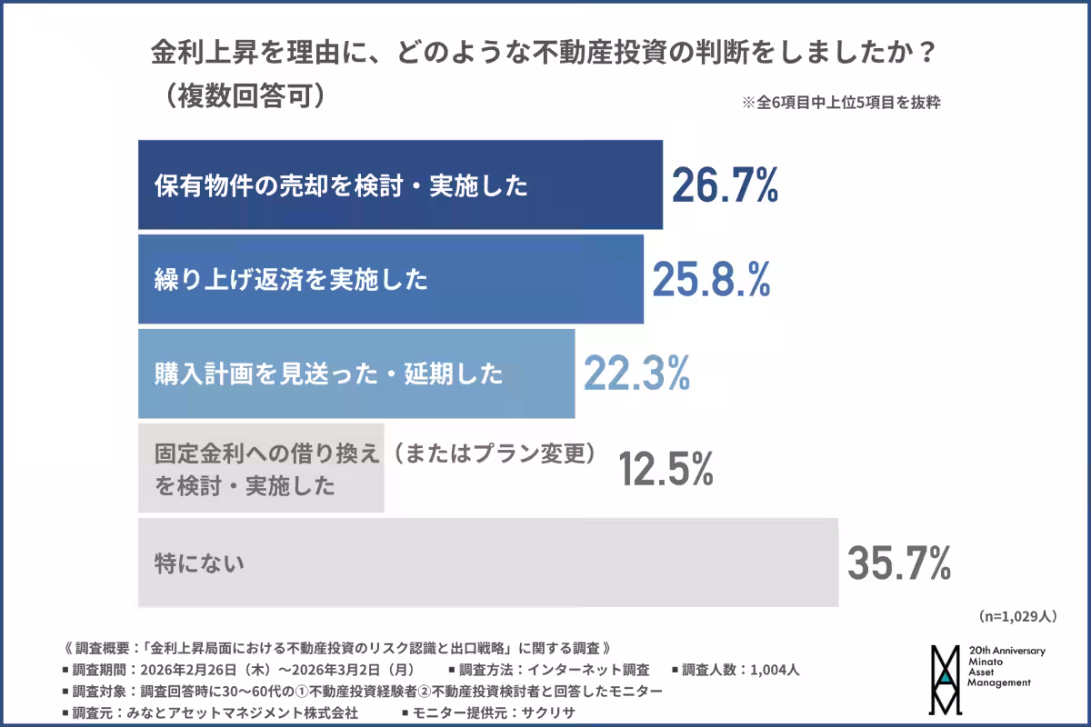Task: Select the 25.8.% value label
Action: coord(711,279)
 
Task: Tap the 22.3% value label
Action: coord(636,373)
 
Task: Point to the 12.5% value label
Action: coord(666,469)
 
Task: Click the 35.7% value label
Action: coord(898,563)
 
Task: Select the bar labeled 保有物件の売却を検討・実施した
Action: coord(400,184)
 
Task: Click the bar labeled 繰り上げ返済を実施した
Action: coord(391,279)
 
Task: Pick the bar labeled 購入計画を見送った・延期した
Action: coord(356,373)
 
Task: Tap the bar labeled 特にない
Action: coord(487,563)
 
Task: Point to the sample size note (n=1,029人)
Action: coord(1017,616)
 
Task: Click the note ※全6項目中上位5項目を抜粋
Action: coord(841,103)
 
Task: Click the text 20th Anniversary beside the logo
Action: coord(1007,652)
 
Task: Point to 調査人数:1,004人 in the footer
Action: coord(736,671)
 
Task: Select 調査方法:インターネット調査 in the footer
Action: coord(554,671)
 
